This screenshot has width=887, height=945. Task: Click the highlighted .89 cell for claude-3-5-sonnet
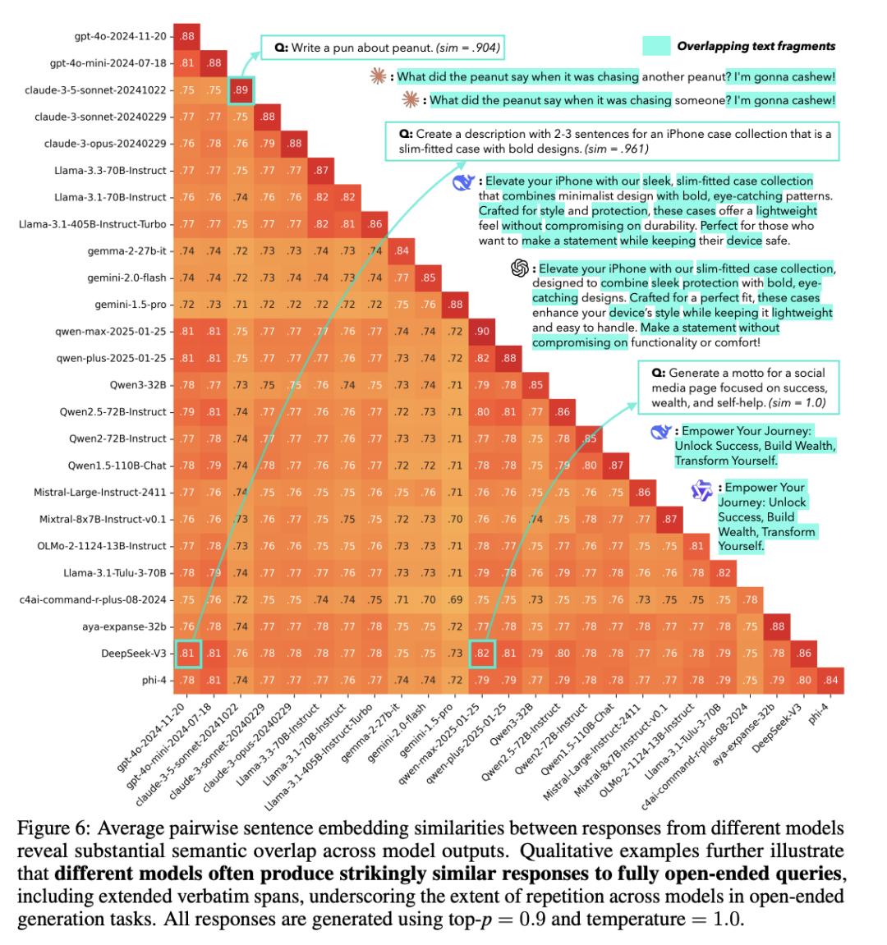pyautogui.click(x=241, y=89)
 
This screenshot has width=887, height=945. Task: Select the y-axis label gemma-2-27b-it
pyautogui.click(x=126, y=250)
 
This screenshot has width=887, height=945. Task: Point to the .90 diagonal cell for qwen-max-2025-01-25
pyautogui.click(x=482, y=331)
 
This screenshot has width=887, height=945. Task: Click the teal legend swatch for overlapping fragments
pyautogui.click(x=657, y=46)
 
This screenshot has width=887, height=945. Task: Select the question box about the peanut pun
pyautogui.click(x=382, y=48)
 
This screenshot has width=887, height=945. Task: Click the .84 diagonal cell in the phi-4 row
pyautogui.click(x=830, y=679)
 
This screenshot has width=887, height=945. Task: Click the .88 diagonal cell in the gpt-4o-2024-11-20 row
pyautogui.click(x=187, y=35)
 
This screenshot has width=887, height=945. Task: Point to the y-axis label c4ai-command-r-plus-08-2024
pyautogui.click(x=93, y=599)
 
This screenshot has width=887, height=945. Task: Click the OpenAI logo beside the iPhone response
pyautogui.click(x=518, y=268)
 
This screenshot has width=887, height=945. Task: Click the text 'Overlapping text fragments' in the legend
pyautogui.click(x=756, y=46)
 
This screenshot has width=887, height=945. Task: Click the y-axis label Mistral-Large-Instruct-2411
pyautogui.click(x=99, y=492)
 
